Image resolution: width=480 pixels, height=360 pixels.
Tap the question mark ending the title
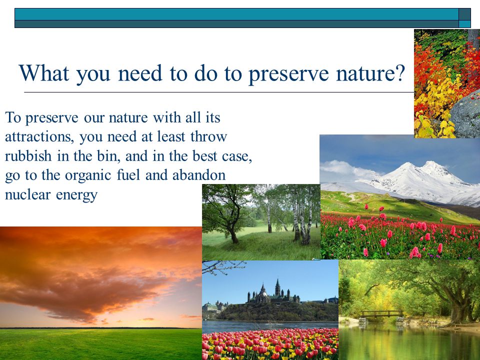(400, 73)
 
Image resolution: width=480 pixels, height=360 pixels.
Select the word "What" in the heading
(44, 73)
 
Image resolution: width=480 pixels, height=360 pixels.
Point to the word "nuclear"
(27, 194)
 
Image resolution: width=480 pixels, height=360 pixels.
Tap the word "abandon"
(199, 175)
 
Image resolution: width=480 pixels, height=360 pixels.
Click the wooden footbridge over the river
(381, 314)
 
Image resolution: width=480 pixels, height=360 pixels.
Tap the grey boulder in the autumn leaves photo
(465, 115)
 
